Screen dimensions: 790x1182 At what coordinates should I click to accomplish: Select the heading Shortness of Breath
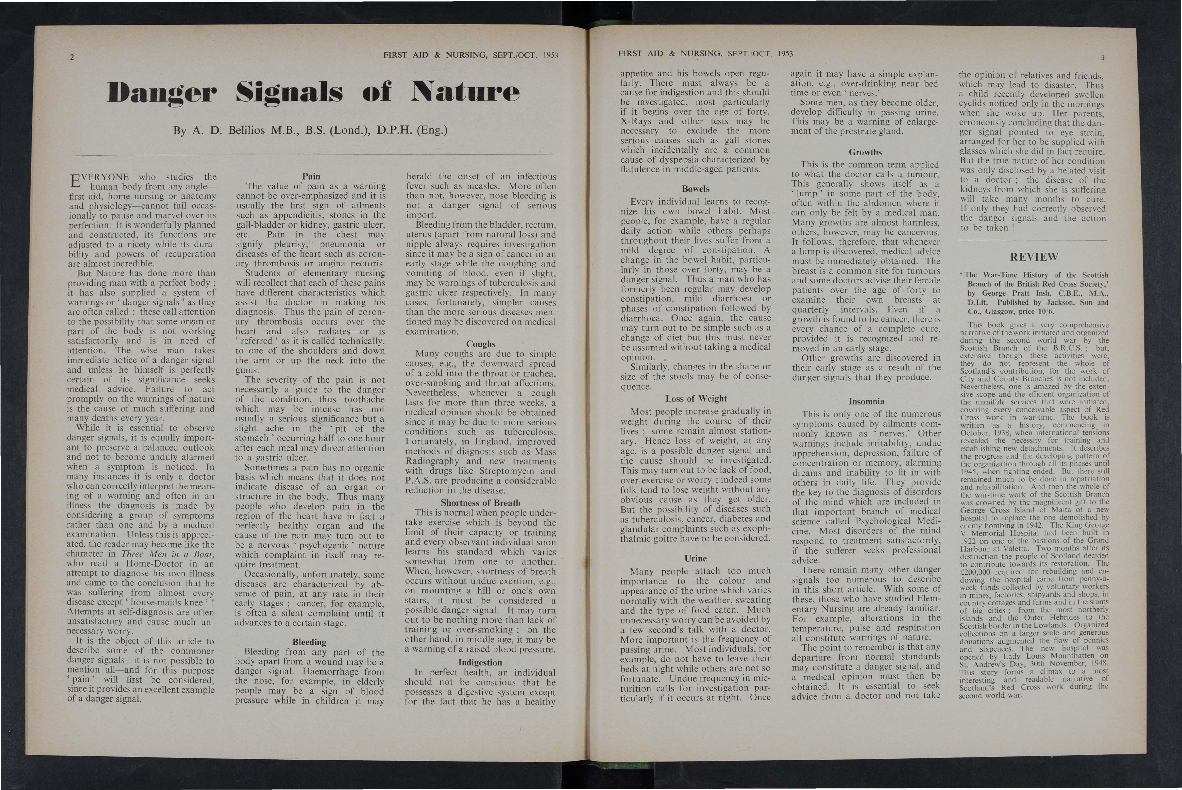[x=480, y=503]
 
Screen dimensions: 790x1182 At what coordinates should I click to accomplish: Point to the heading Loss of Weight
[x=696, y=399]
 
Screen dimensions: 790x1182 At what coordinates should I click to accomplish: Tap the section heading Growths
[x=865, y=152]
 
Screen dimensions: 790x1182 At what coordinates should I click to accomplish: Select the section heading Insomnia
[x=866, y=402]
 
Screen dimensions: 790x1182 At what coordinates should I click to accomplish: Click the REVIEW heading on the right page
[x=1034, y=257]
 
